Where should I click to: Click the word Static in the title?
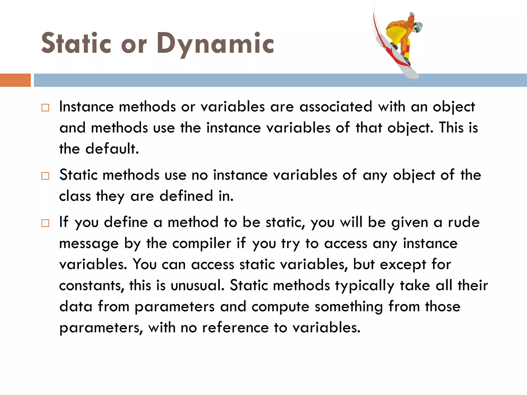(76, 44)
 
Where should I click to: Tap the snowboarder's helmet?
(418, 26)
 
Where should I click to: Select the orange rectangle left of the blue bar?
(15, 80)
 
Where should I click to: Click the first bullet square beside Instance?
(45, 107)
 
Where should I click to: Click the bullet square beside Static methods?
(45, 176)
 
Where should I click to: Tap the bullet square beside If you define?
(45, 223)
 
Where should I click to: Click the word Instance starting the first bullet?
(86, 107)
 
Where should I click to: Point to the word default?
(112, 149)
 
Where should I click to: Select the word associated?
(336, 107)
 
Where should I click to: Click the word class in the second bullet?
(75, 196)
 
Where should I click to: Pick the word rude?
(464, 222)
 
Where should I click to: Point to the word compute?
(280, 307)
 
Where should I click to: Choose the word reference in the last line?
(235, 328)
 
